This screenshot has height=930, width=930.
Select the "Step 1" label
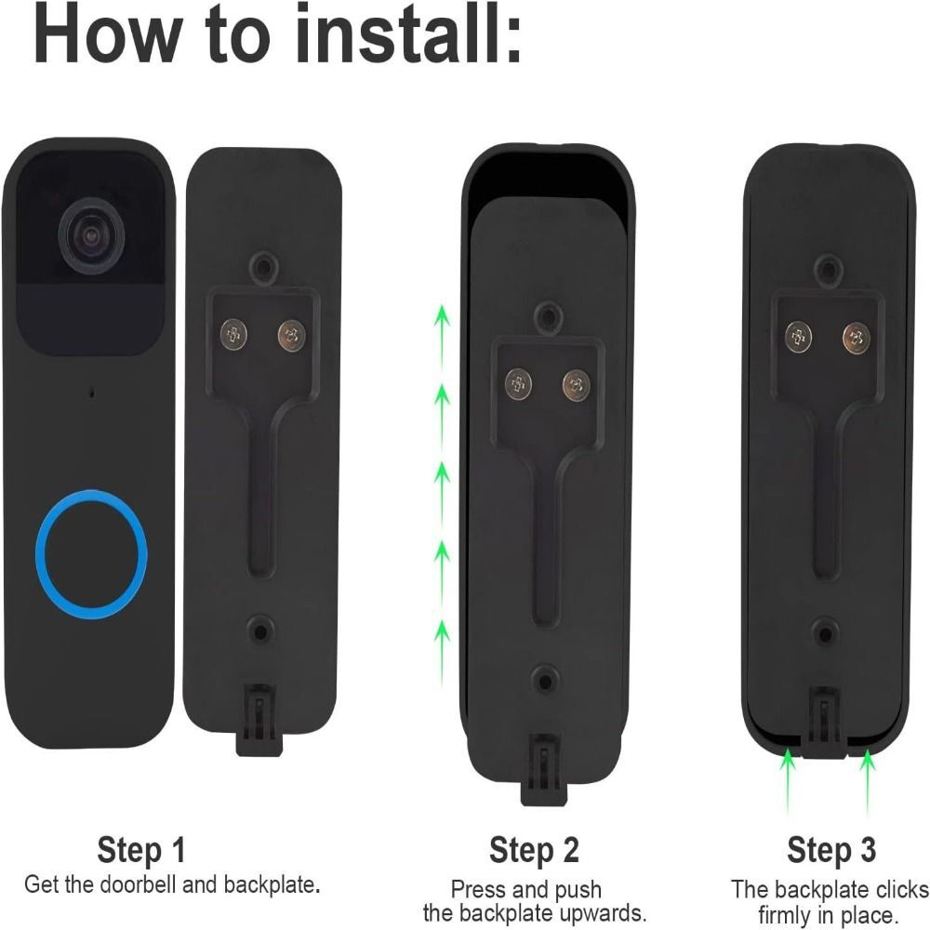[141, 849]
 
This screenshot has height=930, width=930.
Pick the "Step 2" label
[534, 849]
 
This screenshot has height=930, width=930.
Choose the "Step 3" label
[831, 849]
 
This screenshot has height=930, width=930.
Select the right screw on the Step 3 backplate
[856, 337]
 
